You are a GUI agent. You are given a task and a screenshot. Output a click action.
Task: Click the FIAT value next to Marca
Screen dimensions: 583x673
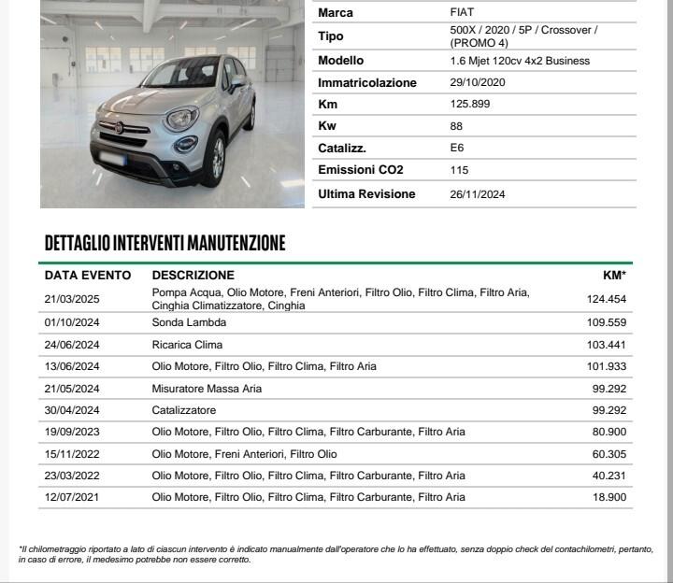click(x=462, y=12)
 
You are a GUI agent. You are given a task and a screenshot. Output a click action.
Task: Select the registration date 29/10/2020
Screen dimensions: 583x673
click(x=478, y=82)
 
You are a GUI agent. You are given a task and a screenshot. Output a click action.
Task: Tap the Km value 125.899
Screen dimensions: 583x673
click(x=469, y=104)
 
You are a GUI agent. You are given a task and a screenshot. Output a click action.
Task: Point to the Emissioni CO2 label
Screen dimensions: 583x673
click(x=361, y=170)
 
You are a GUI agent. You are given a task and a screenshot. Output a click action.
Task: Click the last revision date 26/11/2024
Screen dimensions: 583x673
click(x=478, y=194)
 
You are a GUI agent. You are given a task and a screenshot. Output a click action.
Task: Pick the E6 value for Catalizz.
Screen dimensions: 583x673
click(x=457, y=148)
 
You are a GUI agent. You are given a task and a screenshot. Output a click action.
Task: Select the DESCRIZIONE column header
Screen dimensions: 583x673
click(x=193, y=276)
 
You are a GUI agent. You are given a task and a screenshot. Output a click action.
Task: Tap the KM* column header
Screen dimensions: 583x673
click(x=614, y=276)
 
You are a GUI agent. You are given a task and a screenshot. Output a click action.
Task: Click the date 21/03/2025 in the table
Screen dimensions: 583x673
click(x=72, y=299)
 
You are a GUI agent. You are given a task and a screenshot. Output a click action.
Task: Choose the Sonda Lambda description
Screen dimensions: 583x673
click(x=189, y=322)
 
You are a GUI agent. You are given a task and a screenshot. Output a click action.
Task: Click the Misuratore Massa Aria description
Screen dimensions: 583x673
click(x=207, y=389)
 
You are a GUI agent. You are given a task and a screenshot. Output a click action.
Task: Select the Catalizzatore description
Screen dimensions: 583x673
click(x=184, y=410)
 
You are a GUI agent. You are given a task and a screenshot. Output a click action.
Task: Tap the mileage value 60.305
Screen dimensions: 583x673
click(x=608, y=454)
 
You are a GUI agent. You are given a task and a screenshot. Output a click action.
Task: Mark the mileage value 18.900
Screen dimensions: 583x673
click(x=608, y=498)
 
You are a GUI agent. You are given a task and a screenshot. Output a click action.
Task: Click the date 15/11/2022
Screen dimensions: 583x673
click(x=72, y=454)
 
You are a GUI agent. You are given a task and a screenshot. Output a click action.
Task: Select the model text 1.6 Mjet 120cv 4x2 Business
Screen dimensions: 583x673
click(x=520, y=61)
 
